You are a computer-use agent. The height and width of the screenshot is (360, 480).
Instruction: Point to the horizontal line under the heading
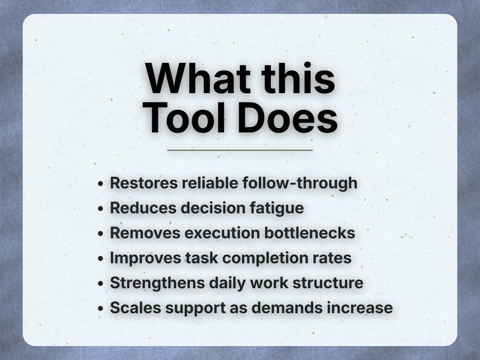(239, 150)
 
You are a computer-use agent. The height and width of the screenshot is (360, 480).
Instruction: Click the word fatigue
(276, 208)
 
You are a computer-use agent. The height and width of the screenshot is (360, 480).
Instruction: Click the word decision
(209, 208)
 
